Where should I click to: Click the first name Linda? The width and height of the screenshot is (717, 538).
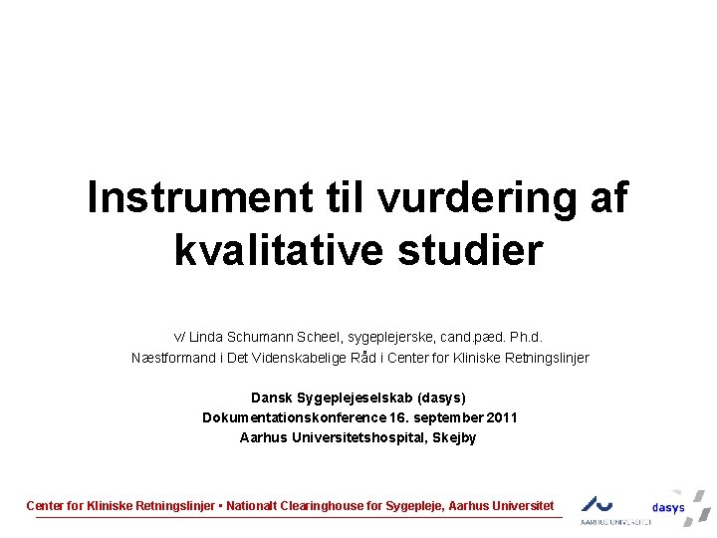(206, 337)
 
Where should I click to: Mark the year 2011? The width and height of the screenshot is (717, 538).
(501, 417)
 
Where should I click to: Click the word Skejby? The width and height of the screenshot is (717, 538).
(453, 437)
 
